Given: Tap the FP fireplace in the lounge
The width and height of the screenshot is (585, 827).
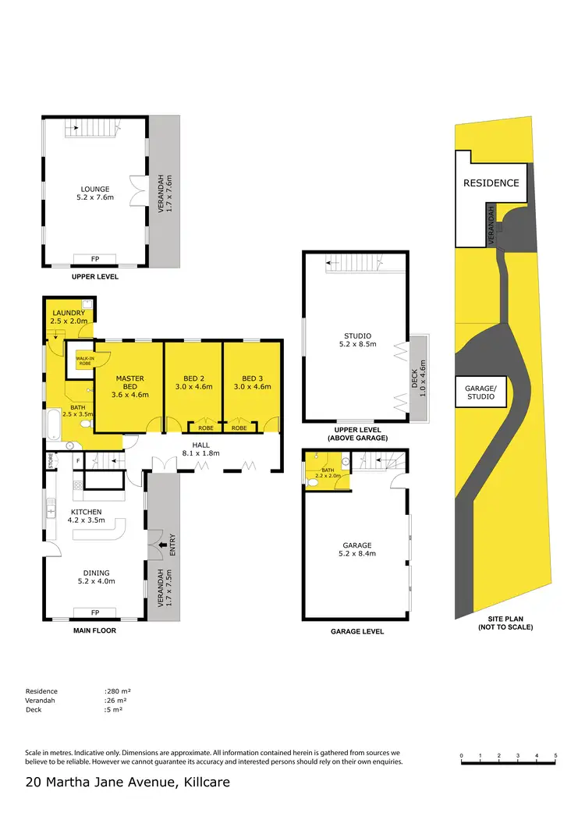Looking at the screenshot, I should pos(94,259).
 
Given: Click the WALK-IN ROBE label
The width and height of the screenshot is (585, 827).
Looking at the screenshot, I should pos(84,360).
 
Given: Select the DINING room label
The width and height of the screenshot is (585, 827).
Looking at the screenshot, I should pos(95,577).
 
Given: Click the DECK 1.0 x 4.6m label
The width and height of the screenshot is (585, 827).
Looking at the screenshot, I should pos(419,378).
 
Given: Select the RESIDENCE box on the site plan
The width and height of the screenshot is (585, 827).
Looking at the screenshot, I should pos(491,183).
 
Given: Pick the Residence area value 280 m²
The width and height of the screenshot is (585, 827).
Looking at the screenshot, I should pos(119,691).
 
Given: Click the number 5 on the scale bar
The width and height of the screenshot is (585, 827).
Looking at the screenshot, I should pos(555,756).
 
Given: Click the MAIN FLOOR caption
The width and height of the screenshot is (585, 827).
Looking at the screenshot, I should pos(94,630).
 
